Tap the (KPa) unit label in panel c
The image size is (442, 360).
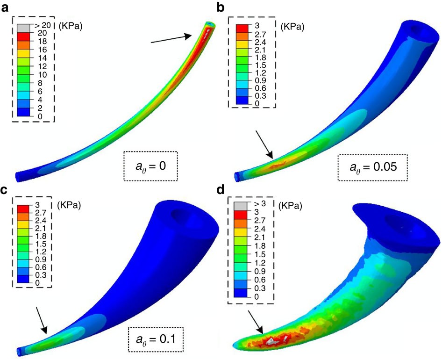[71, 204]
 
